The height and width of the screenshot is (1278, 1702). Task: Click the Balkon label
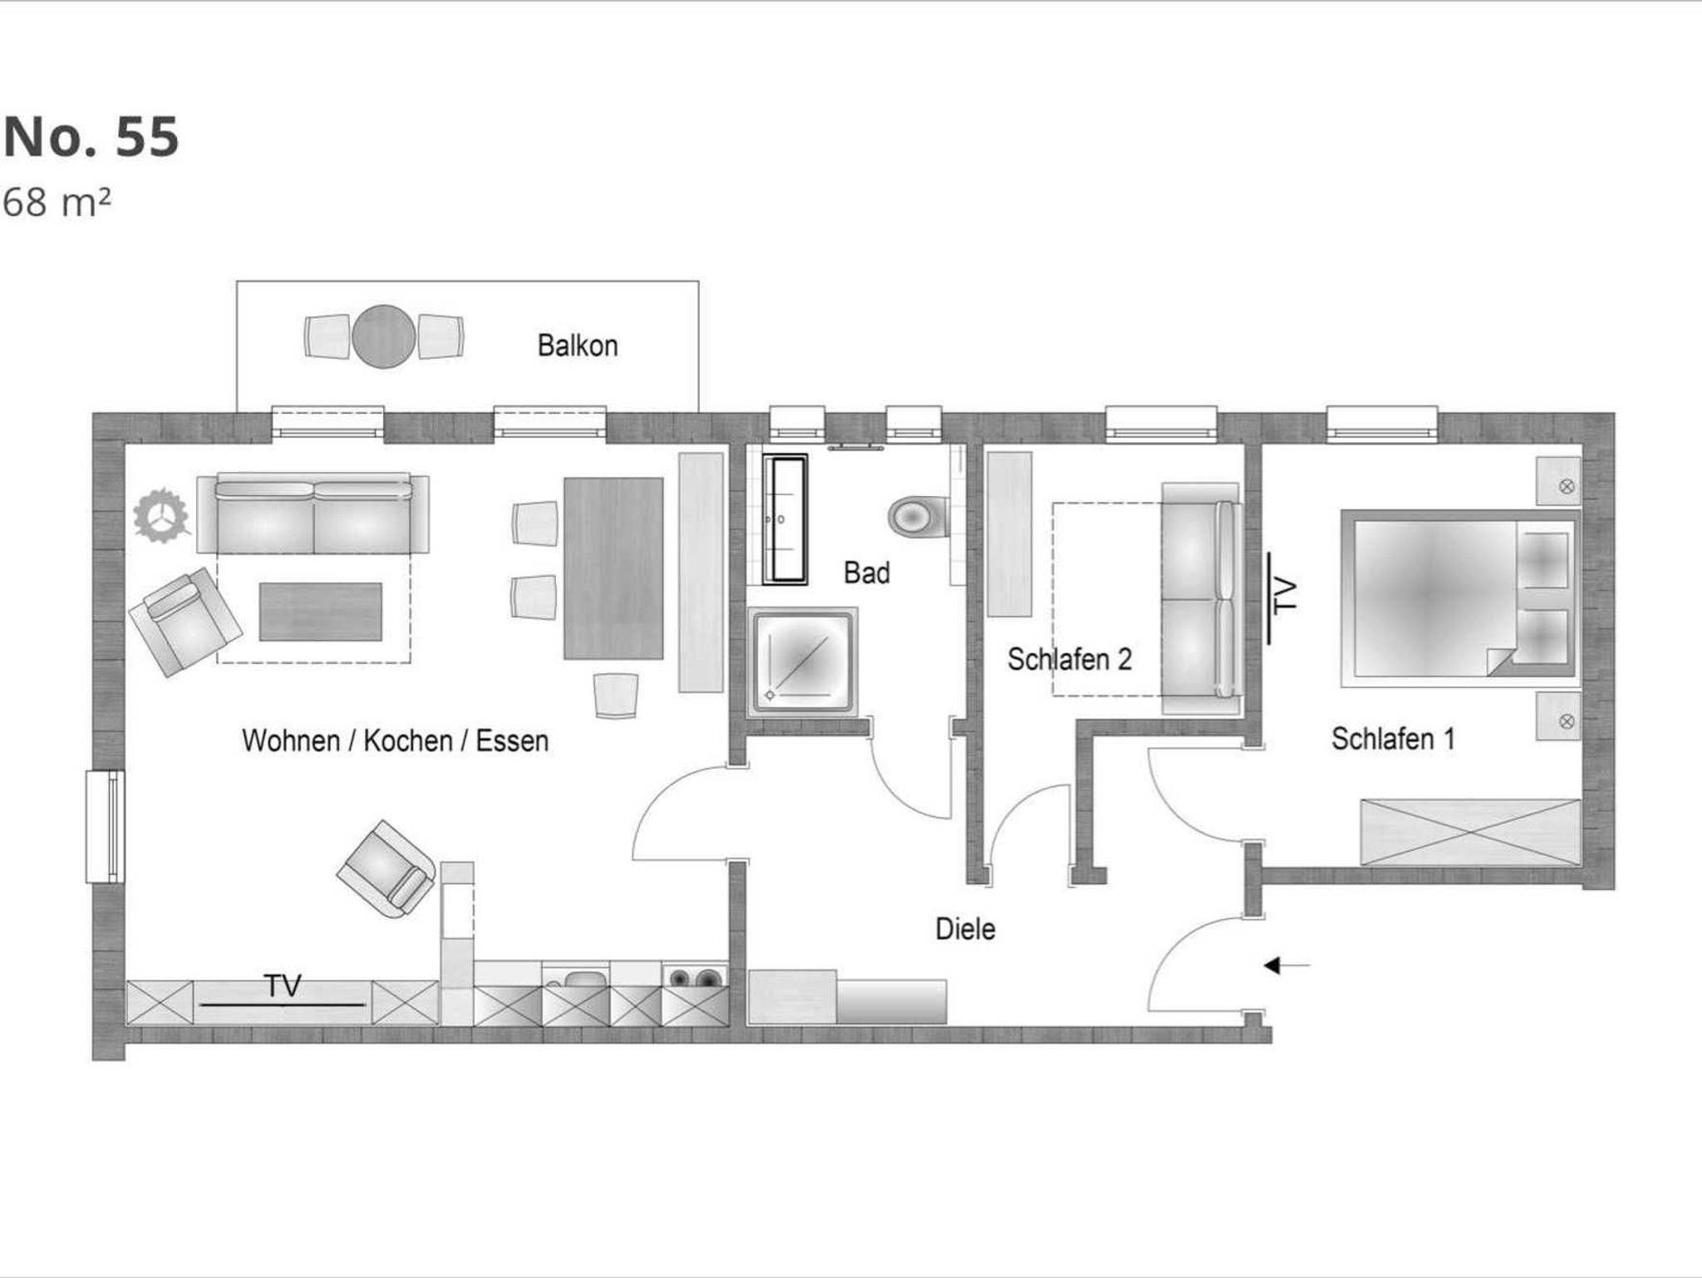578,346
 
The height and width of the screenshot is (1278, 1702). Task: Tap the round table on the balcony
383,337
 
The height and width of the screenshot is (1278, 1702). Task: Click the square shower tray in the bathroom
802,662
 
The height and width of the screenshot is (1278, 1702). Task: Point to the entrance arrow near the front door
1287,966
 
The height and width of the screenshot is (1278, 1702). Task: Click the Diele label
966,929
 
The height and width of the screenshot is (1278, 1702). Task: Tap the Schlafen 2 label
1070,659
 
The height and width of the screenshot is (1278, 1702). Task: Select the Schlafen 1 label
1394,739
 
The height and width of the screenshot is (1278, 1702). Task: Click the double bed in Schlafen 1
1459,598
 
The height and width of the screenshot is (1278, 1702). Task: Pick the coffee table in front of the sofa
321,612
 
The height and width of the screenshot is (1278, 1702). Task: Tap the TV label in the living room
283,986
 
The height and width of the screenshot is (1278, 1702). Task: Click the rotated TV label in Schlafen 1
1285,596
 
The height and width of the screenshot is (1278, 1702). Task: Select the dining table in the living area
613,568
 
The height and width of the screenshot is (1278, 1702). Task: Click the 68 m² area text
57,203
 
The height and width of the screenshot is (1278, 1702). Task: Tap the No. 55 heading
91,136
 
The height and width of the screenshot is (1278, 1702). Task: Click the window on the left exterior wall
106,826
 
